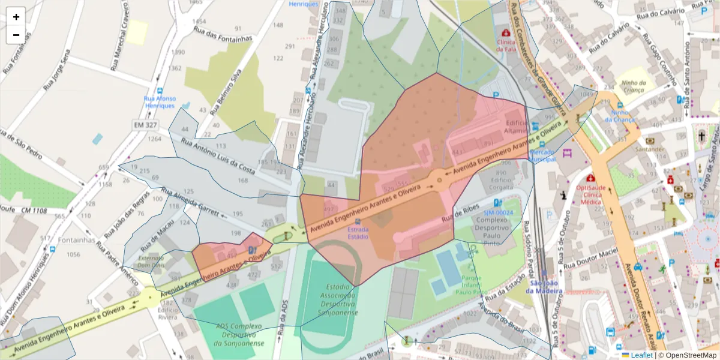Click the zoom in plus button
pyautogui.click(x=16, y=17)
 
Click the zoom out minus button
pyautogui.click(x=16, y=35)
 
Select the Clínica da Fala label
pyautogui.click(x=506, y=45)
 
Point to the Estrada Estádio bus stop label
pyautogui.click(x=358, y=232)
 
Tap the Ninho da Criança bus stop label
pyautogui.click(x=620, y=116)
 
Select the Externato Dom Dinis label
pyautogui.click(x=151, y=261)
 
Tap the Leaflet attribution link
pyautogui.click(x=641, y=355)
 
